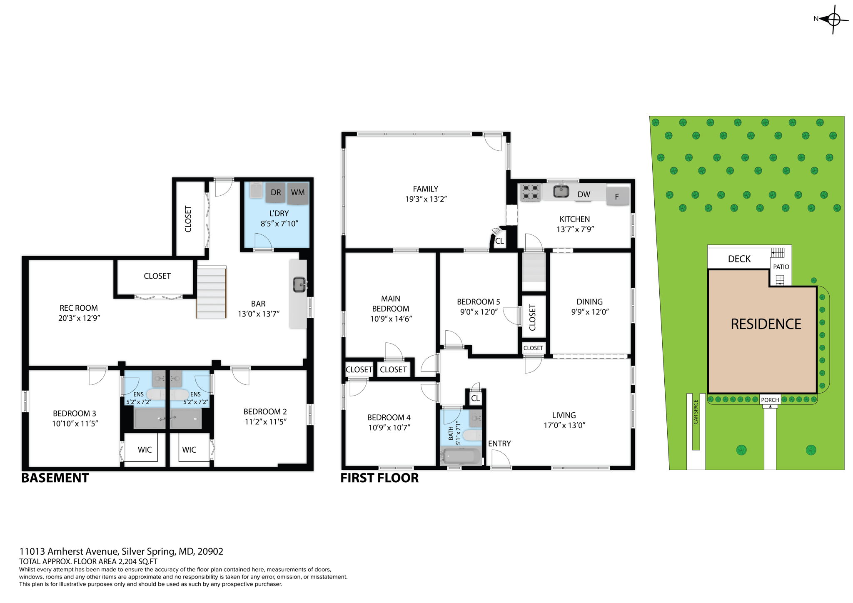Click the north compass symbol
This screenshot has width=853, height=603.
pos(833,19)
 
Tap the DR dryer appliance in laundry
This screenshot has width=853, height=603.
pos(275,192)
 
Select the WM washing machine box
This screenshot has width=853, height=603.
pos(297,193)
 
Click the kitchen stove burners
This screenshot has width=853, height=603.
pos(530,192)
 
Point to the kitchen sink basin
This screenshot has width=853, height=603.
pos(561,192)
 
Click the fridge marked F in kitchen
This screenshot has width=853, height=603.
pos(617,197)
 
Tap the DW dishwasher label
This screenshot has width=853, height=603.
pos(584,194)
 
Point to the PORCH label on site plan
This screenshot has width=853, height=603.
pos(770,400)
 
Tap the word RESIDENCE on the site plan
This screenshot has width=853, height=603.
pos(766,324)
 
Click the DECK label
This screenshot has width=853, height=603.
pos(739,259)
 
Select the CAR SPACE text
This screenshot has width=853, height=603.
pos(696,412)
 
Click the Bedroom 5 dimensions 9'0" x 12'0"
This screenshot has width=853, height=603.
pos(479,312)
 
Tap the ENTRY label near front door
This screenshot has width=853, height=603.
pos(499,444)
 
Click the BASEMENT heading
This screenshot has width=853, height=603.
pos(55,478)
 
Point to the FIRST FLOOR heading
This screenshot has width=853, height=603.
pos(379,478)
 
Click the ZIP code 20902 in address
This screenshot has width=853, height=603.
pos(210,551)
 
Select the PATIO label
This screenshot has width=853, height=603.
pos(781,267)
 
